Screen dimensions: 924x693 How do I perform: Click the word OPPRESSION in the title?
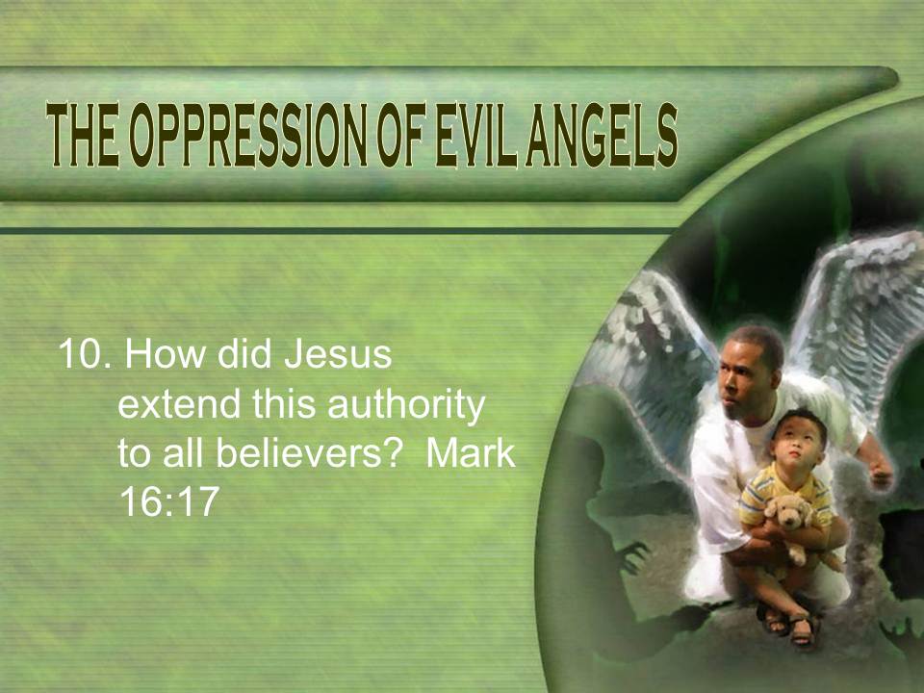[x=250, y=135]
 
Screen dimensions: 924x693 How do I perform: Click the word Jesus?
[x=338, y=355]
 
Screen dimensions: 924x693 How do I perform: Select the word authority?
[x=405, y=406]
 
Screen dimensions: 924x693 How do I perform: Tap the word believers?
[x=309, y=453]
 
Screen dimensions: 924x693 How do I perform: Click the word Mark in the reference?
[x=471, y=453]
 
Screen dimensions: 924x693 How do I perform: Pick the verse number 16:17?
[x=169, y=501]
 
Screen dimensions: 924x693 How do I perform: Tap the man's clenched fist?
[x=880, y=472]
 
